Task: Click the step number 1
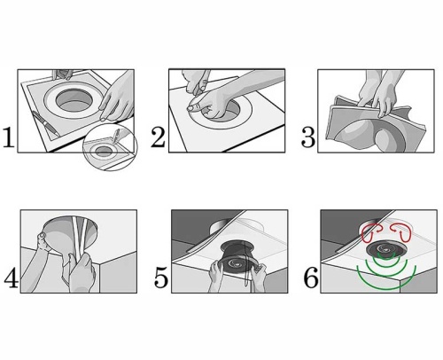coord(9,137)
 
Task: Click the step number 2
coord(158,137)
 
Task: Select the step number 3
coord(308,137)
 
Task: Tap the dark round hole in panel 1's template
coord(74,100)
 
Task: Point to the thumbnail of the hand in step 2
coord(191,108)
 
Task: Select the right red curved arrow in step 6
coord(401,232)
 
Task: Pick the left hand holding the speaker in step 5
coord(216,277)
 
